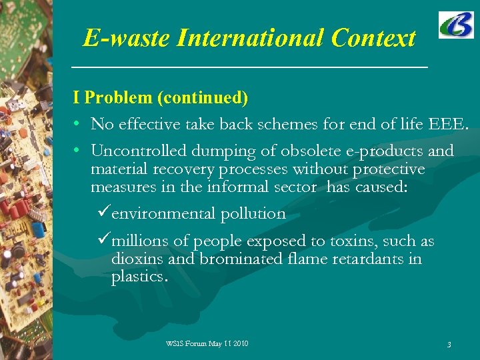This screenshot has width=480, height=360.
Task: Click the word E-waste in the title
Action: click(127, 38)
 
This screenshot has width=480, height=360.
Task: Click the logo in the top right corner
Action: click(456, 25)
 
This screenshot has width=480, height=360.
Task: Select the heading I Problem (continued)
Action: click(161, 98)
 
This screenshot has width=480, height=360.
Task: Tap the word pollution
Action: click(253, 214)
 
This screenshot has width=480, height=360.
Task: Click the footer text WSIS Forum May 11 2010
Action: click(207, 343)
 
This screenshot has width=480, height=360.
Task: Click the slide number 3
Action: click(449, 345)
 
